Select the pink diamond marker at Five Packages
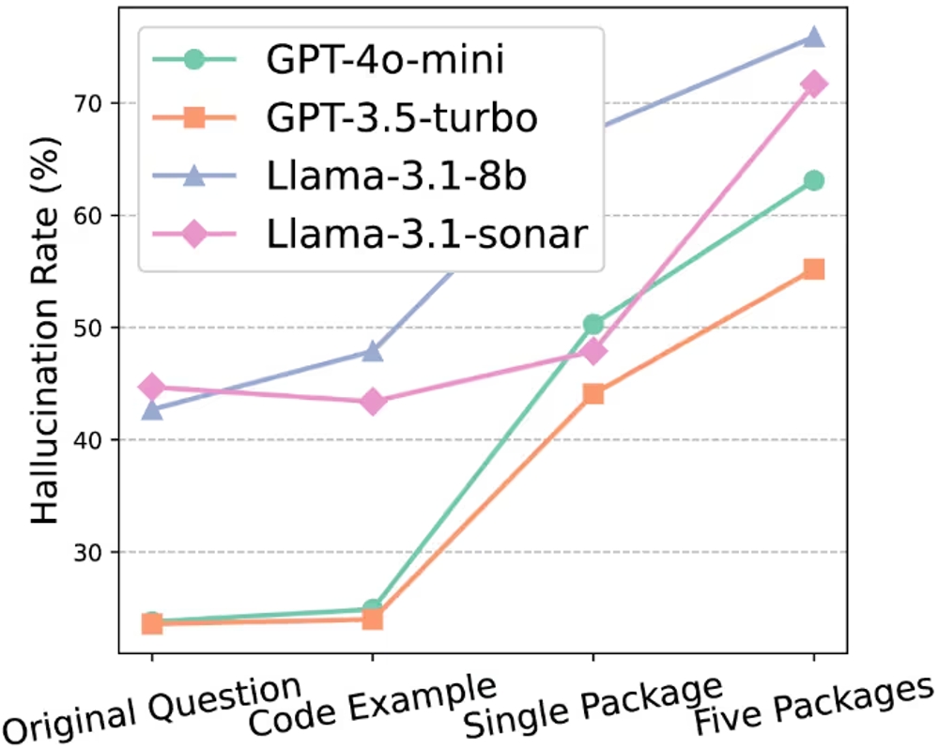[x=813, y=84]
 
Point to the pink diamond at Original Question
[x=152, y=387]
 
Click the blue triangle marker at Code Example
[x=373, y=352]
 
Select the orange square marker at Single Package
[x=593, y=393]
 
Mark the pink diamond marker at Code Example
[x=373, y=402]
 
